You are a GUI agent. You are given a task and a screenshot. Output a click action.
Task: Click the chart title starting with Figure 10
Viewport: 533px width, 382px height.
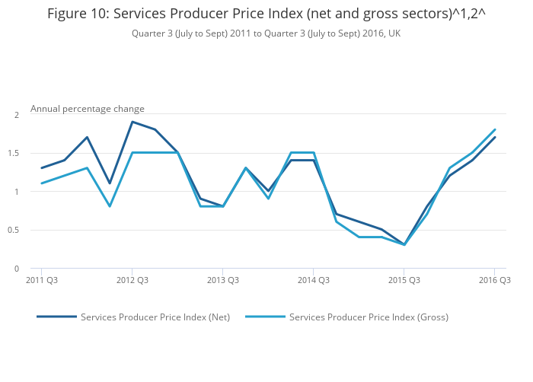266,14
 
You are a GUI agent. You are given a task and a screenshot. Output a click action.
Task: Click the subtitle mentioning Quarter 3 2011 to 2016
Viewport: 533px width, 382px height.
266,33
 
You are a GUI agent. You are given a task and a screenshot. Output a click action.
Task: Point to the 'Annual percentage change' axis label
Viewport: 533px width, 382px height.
88,109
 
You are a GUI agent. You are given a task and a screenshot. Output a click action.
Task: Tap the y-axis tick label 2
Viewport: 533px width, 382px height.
16,114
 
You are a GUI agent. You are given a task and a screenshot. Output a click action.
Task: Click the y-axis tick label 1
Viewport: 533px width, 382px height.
16,192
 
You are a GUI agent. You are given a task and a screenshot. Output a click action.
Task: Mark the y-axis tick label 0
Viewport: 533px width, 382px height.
16,269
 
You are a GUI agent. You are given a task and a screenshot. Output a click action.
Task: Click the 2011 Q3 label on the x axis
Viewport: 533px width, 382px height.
42,280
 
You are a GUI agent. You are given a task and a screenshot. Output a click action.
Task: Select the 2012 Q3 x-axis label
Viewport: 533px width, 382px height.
132,280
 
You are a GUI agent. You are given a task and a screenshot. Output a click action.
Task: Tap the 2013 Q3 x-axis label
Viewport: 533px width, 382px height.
223,280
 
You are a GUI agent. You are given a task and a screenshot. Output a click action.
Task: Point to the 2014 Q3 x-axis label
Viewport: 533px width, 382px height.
314,280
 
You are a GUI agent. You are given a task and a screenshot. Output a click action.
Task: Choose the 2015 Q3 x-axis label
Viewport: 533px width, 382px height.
404,280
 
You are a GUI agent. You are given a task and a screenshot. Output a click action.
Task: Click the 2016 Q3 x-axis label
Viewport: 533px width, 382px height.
495,280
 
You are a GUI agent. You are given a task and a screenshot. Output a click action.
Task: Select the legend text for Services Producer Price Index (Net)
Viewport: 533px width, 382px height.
155,317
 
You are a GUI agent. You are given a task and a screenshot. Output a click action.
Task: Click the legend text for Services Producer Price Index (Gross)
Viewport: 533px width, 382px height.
369,317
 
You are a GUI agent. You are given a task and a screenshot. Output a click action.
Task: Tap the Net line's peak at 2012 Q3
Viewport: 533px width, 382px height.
132,122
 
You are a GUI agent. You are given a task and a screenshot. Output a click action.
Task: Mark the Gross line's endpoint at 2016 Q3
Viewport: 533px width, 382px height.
495,129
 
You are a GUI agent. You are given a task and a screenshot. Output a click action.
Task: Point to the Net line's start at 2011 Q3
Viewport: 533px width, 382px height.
42,168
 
